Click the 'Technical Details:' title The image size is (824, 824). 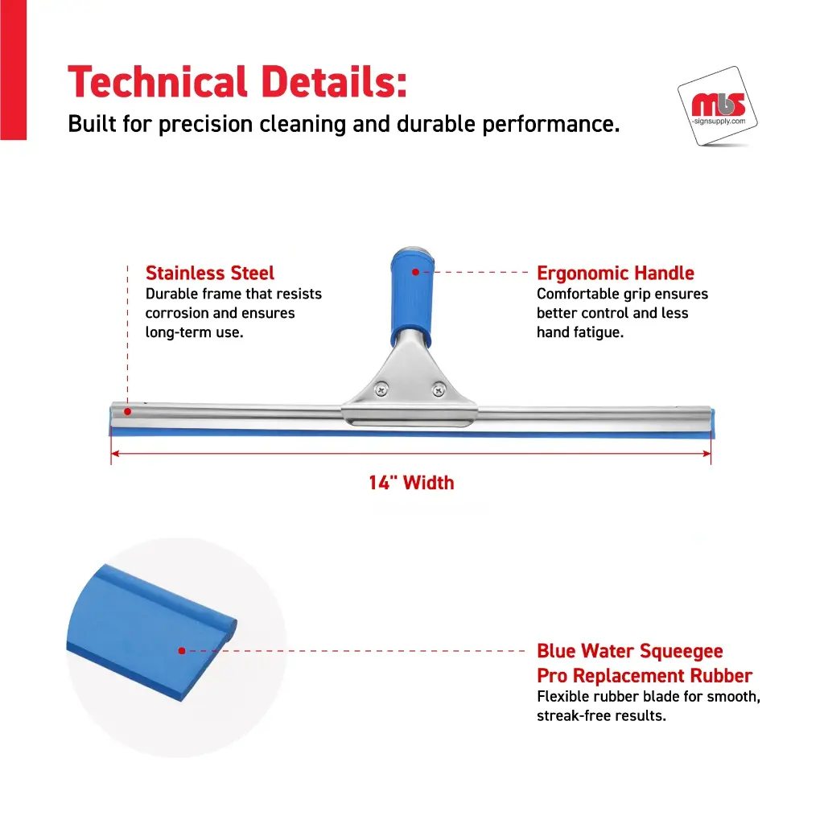coord(237,82)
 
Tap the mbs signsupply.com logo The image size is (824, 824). coord(718,106)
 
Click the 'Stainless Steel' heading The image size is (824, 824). coord(210,274)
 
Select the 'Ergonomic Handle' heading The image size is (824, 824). coord(616,274)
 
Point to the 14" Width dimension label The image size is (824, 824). coord(411,483)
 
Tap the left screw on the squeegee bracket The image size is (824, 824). coord(381,390)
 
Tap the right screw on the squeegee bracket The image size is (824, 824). coord(439,390)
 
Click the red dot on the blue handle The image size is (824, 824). coord(416,272)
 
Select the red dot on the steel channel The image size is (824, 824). coord(128,411)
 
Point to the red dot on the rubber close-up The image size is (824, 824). coord(182,650)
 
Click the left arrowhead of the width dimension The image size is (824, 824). coord(115,454)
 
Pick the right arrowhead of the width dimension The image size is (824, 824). coord(707,454)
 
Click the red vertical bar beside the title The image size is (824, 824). coord(13,70)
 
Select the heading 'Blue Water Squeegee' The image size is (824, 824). coord(629,651)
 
